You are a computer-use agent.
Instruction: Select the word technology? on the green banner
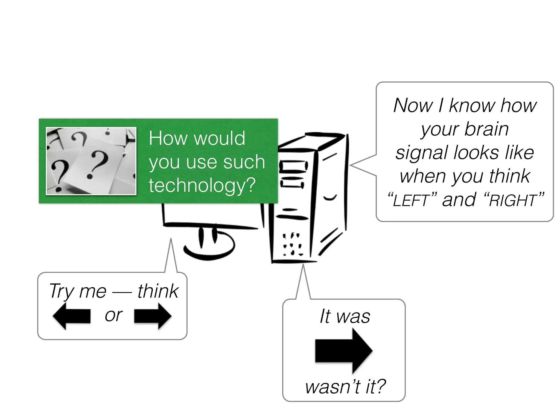(202, 185)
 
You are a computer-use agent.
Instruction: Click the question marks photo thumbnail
(91, 161)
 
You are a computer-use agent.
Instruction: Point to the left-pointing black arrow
(72, 316)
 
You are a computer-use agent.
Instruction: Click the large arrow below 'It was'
(344, 351)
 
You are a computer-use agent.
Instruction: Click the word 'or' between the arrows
(113, 315)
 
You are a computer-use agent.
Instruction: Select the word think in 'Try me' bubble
(158, 291)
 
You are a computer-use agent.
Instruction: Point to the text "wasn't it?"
(345, 387)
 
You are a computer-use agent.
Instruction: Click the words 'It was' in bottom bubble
(345, 317)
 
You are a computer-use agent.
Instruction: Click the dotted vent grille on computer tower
(292, 244)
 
